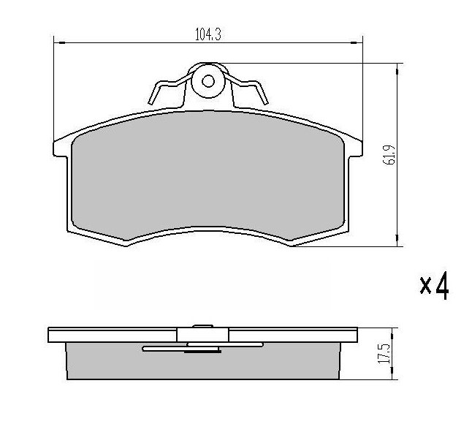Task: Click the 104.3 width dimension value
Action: pos(208,34)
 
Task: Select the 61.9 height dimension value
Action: pos(389,155)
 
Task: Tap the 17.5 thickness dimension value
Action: pos(384,354)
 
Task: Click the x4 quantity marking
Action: pos(435,286)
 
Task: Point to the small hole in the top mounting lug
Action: pos(208,81)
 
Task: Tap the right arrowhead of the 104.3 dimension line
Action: pos(357,42)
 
